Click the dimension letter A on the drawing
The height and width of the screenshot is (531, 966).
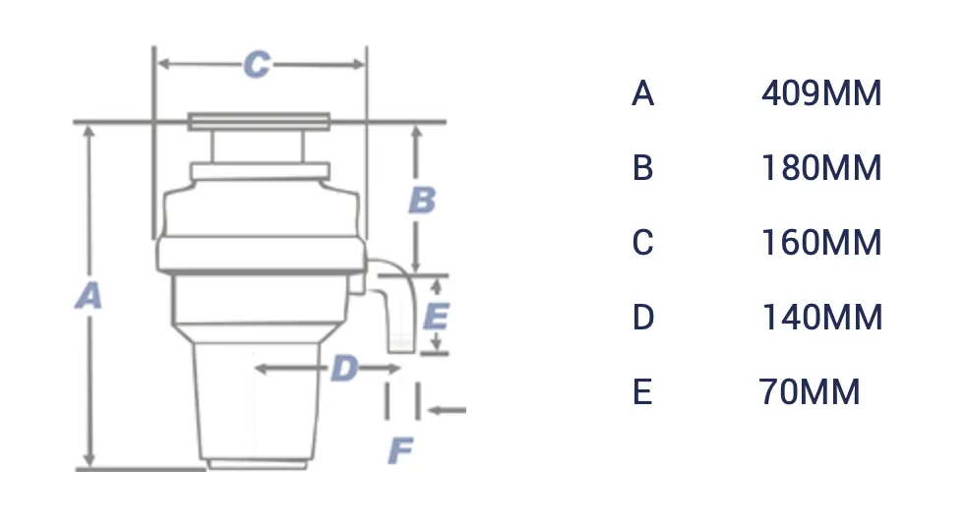(90, 295)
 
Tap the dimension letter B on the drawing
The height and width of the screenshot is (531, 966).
(422, 200)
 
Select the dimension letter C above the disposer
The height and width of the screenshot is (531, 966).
(257, 65)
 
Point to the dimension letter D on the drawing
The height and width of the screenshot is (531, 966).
(343, 370)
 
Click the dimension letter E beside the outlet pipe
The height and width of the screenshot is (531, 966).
(435, 317)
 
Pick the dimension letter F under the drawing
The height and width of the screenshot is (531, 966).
(399, 451)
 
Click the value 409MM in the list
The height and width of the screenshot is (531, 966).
(820, 94)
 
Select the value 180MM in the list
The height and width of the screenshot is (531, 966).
(820, 169)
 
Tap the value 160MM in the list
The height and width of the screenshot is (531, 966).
(820, 243)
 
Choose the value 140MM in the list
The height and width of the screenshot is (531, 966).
(820, 318)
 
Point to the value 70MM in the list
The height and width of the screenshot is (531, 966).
(809, 392)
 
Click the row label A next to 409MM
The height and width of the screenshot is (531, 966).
(642, 94)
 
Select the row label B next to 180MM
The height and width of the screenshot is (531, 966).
(642, 169)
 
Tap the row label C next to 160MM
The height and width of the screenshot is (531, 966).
(642, 243)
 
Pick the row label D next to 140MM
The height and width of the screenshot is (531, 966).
(642, 318)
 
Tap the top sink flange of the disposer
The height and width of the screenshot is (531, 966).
(259, 122)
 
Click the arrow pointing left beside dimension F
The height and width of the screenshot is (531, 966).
(448, 411)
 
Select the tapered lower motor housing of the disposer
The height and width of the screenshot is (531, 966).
(259, 403)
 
